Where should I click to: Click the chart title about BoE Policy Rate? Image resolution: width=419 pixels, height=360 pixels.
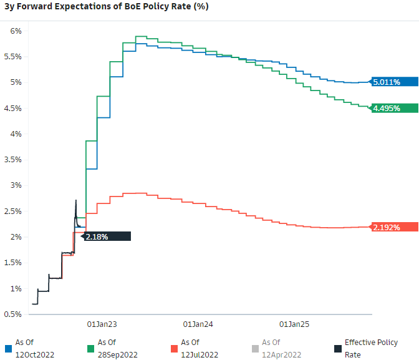(107, 7)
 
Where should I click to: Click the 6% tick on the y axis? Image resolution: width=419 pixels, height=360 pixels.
(16, 31)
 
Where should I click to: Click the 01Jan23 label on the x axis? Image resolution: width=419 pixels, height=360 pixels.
(102, 324)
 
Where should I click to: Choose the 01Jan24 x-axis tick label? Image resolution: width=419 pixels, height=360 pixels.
(198, 324)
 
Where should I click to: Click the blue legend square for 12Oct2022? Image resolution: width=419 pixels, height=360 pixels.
(7, 348)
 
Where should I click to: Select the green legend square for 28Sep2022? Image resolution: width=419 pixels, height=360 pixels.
(90, 348)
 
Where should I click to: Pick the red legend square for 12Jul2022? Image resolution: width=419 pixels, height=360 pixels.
(173, 348)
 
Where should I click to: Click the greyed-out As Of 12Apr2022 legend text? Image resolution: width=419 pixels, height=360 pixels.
(281, 348)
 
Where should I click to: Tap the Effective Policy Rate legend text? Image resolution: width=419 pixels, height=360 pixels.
(371, 348)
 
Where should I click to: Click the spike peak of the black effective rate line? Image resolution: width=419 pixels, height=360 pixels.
(76, 200)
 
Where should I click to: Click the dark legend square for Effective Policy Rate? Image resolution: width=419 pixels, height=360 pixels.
(337, 348)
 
